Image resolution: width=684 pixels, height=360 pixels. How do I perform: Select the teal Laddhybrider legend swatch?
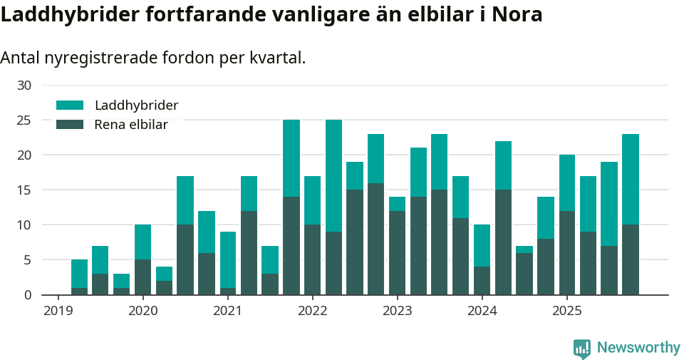pyautogui.click(x=70, y=106)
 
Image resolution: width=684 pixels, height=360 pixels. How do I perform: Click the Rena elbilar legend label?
pyautogui.click(x=131, y=125)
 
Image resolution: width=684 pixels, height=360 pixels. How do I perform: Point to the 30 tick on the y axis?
pyautogui.click(x=24, y=86)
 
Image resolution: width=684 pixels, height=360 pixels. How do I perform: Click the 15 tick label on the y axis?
pyautogui.click(x=24, y=190)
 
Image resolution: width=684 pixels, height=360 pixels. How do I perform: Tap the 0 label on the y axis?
pyautogui.click(x=28, y=295)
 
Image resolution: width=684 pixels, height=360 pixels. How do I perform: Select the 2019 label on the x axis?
pyautogui.click(x=58, y=311)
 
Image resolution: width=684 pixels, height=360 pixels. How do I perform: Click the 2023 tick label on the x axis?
pyautogui.click(x=397, y=311)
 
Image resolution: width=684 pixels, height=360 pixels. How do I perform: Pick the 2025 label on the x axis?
pyautogui.click(x=566, y=311)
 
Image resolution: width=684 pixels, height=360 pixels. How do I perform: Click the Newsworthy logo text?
pyautogui.click(x=638, y=348)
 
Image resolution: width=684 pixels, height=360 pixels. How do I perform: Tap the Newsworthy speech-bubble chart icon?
pyautogui.click(x=582, y=349)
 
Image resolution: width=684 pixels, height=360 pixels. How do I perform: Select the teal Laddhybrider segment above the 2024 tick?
pyautogui.click(x=482, y=246)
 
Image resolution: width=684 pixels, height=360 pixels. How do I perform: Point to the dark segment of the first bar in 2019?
pyautogui.click(x=79, y=291)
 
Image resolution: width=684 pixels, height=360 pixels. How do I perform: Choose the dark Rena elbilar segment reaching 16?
pyautogui.click(x=375, y=239)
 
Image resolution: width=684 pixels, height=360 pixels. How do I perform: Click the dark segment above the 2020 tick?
pyautogui.click(x=142, y=277)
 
